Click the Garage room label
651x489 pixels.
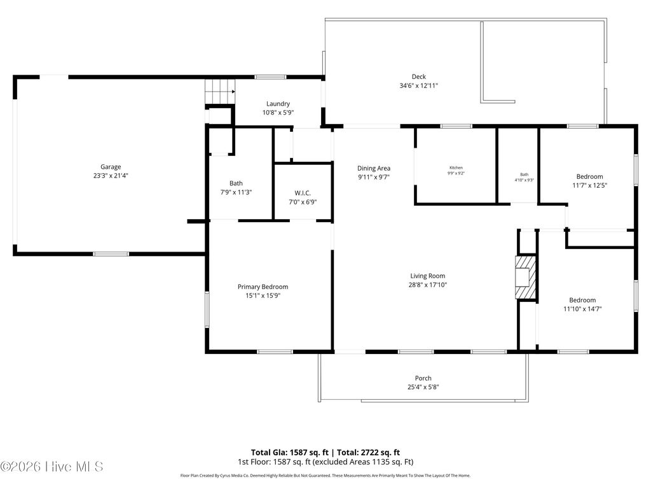(x=110, y=167)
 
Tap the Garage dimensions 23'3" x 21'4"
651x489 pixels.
(x=110, y=176)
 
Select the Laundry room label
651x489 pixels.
(x=278, y=104)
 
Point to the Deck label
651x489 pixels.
(x=418, y=76)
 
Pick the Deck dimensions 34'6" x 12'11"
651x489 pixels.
(x=418, y=85)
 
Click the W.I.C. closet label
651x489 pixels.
(x=303, y=193)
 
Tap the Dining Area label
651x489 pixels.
(x=373, y=168)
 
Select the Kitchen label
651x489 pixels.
(x=456, y=167)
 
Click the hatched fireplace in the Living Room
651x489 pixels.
(x=526, y=277)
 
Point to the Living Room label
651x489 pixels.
(x=428, y=276)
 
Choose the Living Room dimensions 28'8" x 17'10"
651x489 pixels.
(x=428, y=285)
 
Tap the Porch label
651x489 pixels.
(x=423, y=378)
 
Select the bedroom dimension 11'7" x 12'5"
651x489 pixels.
(x=589, y=185)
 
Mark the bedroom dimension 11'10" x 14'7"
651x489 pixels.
(x=582, y=309)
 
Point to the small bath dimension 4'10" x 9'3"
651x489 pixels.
(x=524, y=180)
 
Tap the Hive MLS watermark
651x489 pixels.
(x=52, y=467)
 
